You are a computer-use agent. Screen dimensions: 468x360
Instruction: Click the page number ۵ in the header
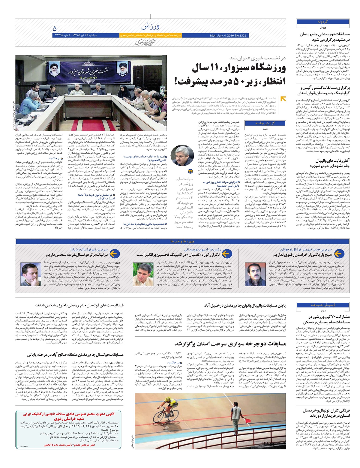point(55,29)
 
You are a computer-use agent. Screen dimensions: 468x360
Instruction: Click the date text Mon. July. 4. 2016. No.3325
point(228,35)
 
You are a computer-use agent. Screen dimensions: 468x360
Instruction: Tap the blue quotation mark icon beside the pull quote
point(190,172)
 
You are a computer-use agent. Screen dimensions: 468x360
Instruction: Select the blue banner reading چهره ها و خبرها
point(182,241)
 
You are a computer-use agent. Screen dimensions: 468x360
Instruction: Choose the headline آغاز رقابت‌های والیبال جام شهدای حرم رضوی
point(324,163)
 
